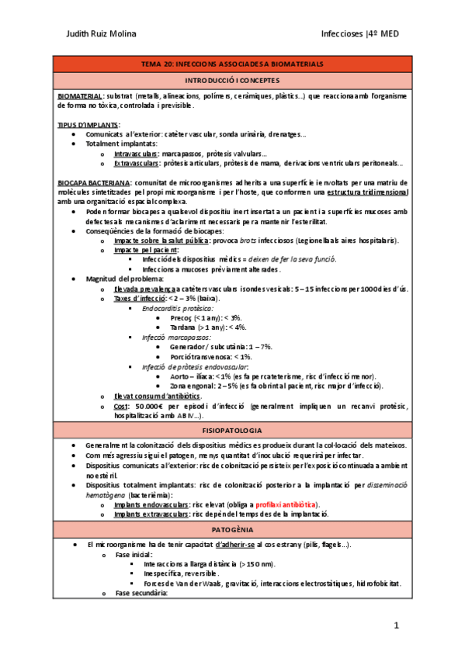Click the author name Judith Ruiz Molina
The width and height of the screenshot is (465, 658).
99,33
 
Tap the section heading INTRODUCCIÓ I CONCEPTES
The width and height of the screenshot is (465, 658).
233,80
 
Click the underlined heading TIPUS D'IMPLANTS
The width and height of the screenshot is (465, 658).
88,124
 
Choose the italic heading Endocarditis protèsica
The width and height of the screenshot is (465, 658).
174,308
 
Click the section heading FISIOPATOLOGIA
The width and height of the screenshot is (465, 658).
233,429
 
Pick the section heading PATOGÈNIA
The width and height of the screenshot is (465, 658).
233,528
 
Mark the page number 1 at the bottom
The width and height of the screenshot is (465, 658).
395,625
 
